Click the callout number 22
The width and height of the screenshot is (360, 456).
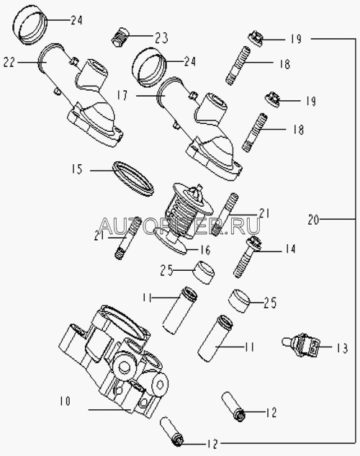(x=9, y=62)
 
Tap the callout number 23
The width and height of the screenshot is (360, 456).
(x=161, y=37)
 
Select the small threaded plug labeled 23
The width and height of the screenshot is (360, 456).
(x=120, y=37)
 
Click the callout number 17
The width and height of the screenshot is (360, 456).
(x=122, y=95)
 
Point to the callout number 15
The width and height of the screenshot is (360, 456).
(x=77, y=169)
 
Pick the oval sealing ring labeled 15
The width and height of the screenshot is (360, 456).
(x=132, y=178)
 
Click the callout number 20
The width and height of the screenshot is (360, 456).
(x=313, y=219)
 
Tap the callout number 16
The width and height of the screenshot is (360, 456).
(x=205, y=249)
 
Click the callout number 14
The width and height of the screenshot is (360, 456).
(x=290, y=249)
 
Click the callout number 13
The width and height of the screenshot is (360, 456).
(x=342, y=348)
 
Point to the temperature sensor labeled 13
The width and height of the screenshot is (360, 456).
(x=301, y=346)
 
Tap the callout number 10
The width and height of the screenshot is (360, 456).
(x=65, y=401)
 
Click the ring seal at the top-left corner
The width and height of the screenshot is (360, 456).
(x=31, y=25)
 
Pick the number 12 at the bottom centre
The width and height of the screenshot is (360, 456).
(x=212, y=444)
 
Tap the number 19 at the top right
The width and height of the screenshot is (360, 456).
(x=296, y=39)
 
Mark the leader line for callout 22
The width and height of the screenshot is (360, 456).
(x=29, y=62)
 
